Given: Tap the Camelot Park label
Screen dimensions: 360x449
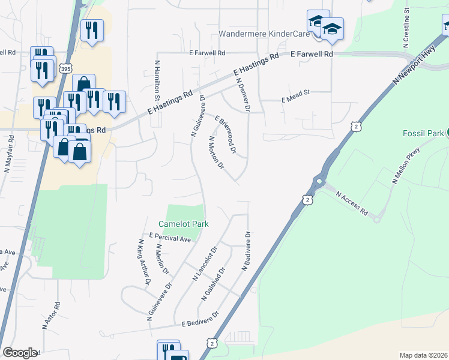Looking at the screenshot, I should click(187, 224).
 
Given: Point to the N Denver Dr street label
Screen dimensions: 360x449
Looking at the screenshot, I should click(243, 94).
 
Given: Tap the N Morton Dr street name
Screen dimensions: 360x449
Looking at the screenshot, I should click(215, 152).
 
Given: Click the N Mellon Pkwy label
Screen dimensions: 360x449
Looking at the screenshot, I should click(405, 166).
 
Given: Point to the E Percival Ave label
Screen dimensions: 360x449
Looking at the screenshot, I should click(170, 238).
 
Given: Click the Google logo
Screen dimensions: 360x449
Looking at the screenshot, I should click(20, 353).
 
